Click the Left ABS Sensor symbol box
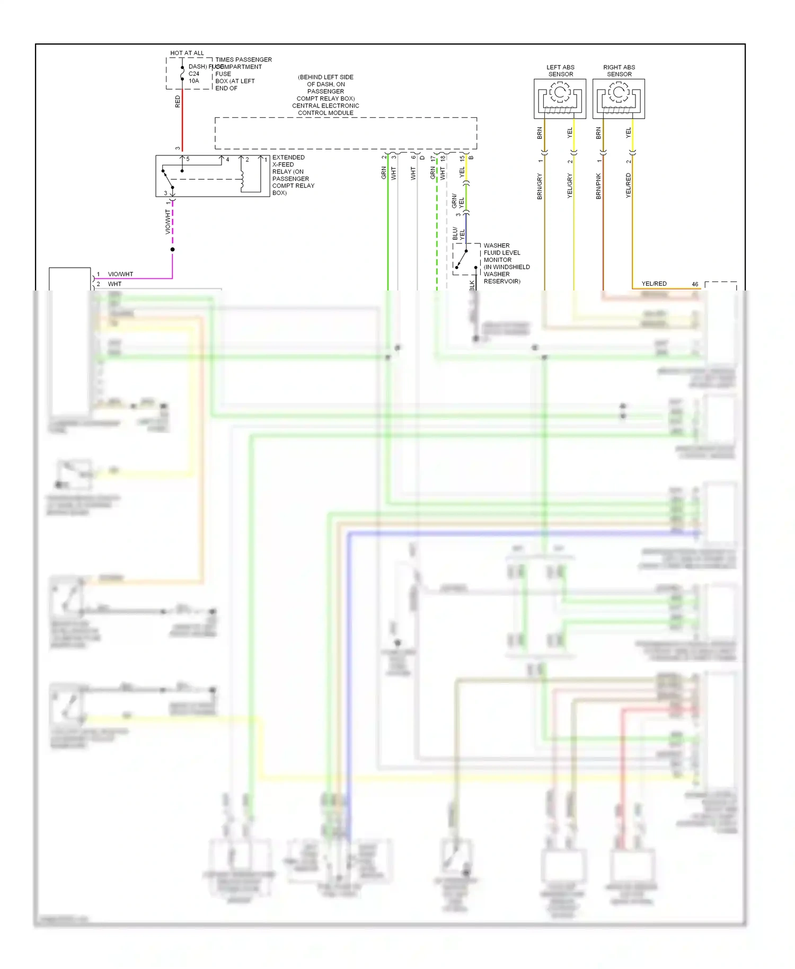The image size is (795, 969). tap(560, 99)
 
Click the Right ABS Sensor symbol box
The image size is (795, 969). tap(619, 99)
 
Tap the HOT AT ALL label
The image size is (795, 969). tap(187, 53)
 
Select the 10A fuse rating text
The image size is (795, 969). tap(194, 81)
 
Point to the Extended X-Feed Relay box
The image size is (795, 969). tap(212, 176)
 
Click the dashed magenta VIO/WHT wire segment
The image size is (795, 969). tap(173, 223)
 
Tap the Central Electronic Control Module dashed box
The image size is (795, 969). tap(346, 133)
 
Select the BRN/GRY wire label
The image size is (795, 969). tap(540, 186)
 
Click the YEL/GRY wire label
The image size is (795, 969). tap(570, 186)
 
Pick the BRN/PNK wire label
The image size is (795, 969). tap(598, 186)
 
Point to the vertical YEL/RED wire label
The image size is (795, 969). tap(628, 186)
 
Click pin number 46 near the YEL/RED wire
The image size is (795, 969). tap(695, 284)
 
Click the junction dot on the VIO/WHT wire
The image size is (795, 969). tap(173, 249)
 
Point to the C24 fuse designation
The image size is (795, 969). tap(194, 74)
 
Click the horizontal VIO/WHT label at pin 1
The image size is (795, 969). tap(120, 274)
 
